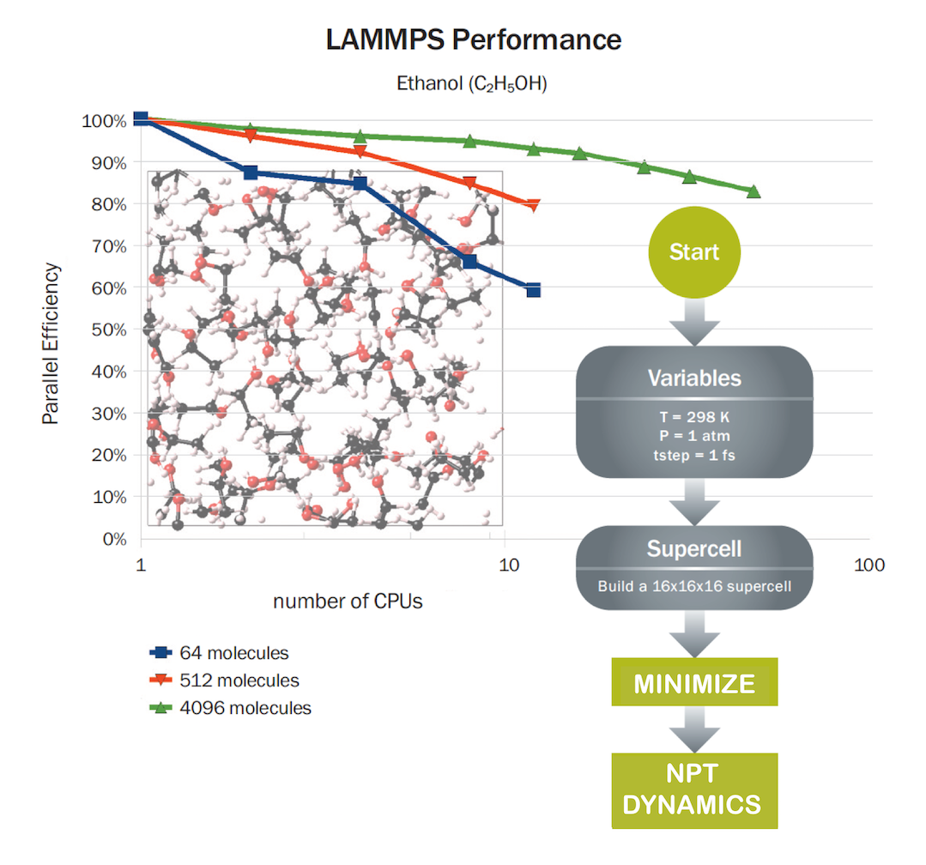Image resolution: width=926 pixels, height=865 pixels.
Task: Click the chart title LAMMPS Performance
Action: point(473,39)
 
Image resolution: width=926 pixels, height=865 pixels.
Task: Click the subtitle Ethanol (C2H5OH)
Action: point(471,84)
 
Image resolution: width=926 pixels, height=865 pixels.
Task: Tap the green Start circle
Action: point(694,253)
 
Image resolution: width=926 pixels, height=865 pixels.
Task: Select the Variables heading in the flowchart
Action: point(694,378)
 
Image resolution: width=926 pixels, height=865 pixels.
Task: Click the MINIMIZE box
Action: point(694,683)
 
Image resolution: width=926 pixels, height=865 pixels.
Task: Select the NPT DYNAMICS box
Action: point(694,790)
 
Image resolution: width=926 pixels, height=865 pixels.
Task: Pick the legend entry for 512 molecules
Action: point(225,681)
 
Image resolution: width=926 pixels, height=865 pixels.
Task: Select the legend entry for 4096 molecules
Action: point(230,708)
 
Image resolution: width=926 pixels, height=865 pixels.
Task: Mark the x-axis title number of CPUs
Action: point(348,602)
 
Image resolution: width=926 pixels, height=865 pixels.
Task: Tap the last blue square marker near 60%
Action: point(533,291)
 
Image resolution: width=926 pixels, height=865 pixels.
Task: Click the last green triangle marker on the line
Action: point(754,191)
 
